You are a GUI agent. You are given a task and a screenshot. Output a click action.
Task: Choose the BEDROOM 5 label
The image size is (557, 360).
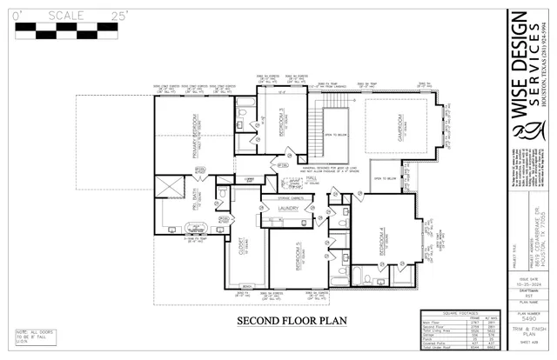click(295, 257)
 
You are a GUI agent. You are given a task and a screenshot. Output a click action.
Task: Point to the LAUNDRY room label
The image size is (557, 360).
click(288, 209)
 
